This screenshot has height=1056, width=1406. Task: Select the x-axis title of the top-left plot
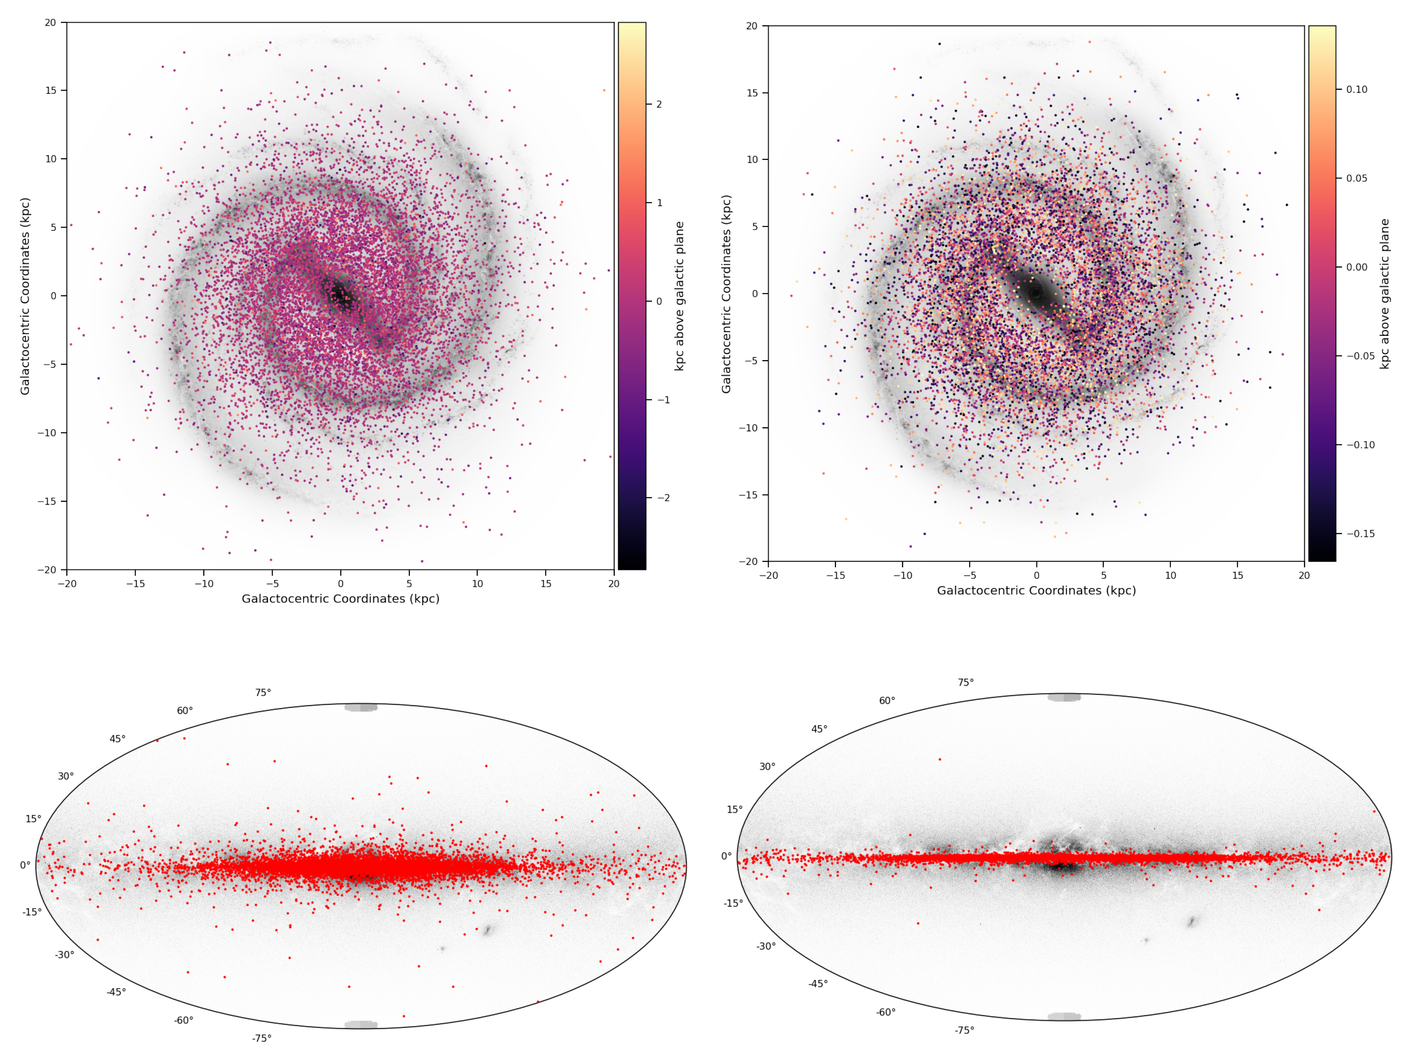click(340, 599)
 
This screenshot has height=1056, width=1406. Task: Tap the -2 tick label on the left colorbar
click(662, 498)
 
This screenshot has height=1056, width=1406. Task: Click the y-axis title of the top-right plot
click(726, 294)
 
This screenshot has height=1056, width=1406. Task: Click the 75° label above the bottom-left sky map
click(263, 692)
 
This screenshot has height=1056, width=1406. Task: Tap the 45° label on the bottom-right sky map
click(819, 729)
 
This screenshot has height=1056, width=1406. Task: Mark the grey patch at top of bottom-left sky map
click(361, 707)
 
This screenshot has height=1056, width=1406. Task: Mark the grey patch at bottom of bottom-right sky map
click(1064, 1017)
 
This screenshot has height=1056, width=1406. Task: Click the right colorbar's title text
click(1384, 294)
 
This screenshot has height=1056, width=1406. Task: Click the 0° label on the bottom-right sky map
click(726, 856)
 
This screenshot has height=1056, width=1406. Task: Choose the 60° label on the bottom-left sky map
click(185, 710)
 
